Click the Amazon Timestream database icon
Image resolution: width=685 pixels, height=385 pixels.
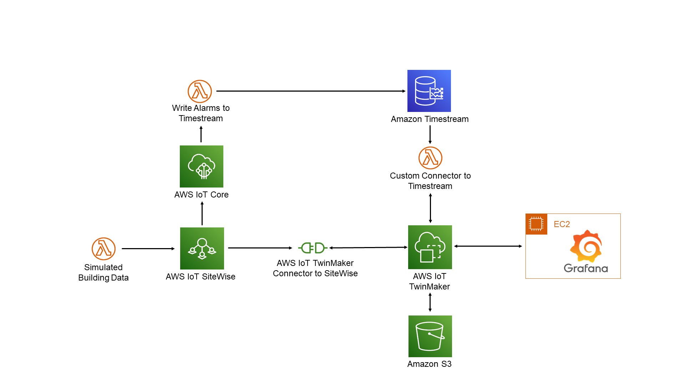click(x=429, y=91)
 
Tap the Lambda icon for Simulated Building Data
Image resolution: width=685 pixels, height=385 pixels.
click(x=103, y=248)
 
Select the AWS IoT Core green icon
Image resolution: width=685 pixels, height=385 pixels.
click(x=201, y=166)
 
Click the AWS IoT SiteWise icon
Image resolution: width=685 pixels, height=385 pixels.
click(x=202, y=248)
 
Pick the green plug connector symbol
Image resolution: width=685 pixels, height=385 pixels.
click(x=313, y=248)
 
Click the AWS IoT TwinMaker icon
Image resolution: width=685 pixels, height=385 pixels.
click(x=430, y=247)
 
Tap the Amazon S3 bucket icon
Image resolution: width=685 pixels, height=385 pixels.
click(x=430, y=336)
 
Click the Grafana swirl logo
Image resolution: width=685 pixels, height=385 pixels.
click(x=586, y=246)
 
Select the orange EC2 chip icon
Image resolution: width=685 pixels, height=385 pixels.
click(x=536, y=224)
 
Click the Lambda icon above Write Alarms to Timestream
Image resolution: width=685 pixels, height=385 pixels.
click(x=200, y=91)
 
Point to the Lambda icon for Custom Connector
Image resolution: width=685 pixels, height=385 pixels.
click(x=430, y=158)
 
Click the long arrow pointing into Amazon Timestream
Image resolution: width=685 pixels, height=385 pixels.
click(x=310, y=91)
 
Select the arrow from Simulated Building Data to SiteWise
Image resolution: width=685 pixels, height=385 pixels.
click(x=148, y=248)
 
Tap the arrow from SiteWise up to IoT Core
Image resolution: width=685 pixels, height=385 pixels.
click(x=202, y=213)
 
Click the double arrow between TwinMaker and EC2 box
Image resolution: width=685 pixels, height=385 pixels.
click(x=488, y=246)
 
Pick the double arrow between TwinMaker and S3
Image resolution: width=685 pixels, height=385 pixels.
click(x=430, y=302)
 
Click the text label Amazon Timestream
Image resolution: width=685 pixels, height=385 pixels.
click(x=430, y=119)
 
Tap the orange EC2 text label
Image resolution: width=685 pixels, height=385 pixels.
click(x=562, y=224)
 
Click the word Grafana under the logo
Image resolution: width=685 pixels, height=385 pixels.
click(x=586, y=268)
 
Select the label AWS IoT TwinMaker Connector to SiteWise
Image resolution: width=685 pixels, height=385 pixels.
click(x=315, y=268)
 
